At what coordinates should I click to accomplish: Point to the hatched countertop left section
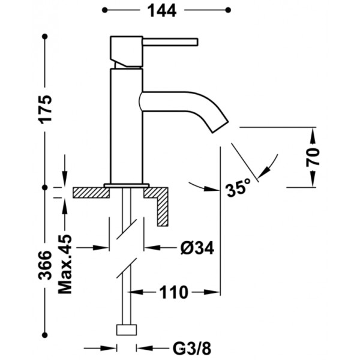pyautogui.click(x=90, y=193)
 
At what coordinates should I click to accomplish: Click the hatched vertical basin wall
pyautogui.click(x=163, y=208)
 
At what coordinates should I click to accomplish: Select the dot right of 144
pyautogui.click(x=227, y=10)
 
